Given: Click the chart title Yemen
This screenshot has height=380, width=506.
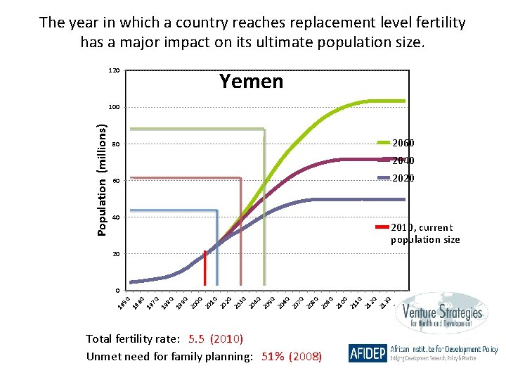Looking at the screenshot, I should tap(251, 82).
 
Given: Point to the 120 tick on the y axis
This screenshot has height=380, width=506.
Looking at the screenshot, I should tap(114, 71).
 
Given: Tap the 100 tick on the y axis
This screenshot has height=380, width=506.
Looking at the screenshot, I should tap(114, 108).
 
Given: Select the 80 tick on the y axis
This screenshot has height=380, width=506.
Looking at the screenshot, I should tap(115, 144).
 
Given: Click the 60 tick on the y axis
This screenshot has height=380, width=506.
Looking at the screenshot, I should tap(115, 181).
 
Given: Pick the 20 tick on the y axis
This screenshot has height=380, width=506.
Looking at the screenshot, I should tap(115, 254).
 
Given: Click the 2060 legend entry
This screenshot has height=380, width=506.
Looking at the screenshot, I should tap(403, 143).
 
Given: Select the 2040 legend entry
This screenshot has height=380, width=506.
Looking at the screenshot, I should tap(403, 160).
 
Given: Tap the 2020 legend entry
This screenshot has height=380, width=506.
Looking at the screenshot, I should tap(403, 178).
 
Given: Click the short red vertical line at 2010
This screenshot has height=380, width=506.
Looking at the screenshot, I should tap(205, 267).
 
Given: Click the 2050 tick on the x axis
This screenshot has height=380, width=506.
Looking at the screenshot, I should tap(268, 303).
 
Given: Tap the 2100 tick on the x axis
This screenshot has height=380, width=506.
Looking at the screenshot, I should tap(342, 303).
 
